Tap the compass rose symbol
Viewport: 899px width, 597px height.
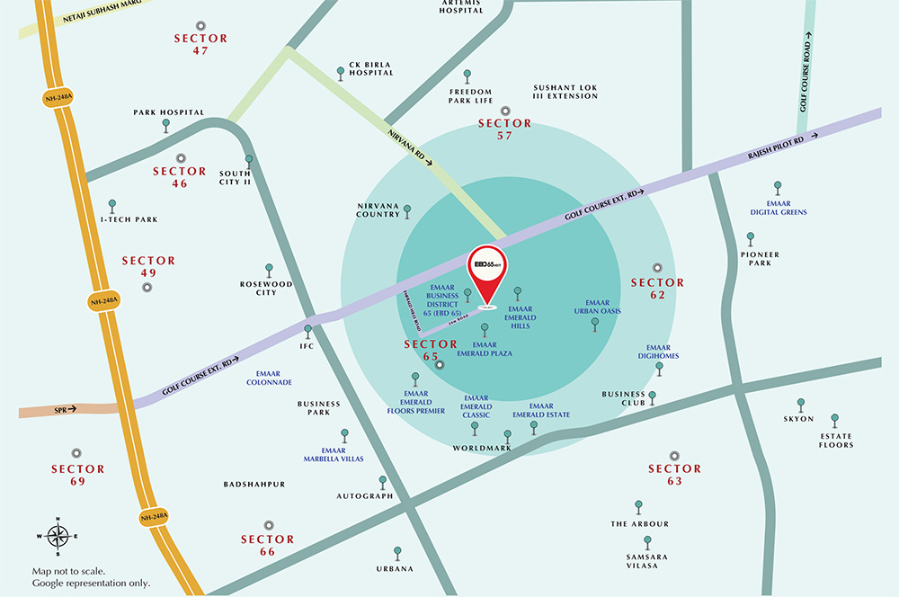58,537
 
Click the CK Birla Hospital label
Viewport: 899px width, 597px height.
371,69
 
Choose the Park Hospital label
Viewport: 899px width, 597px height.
168,112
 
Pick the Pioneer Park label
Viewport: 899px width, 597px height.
760,259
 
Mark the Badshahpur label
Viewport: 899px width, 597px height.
254,485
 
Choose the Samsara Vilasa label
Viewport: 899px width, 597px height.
643,560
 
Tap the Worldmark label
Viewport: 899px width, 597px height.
482,448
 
